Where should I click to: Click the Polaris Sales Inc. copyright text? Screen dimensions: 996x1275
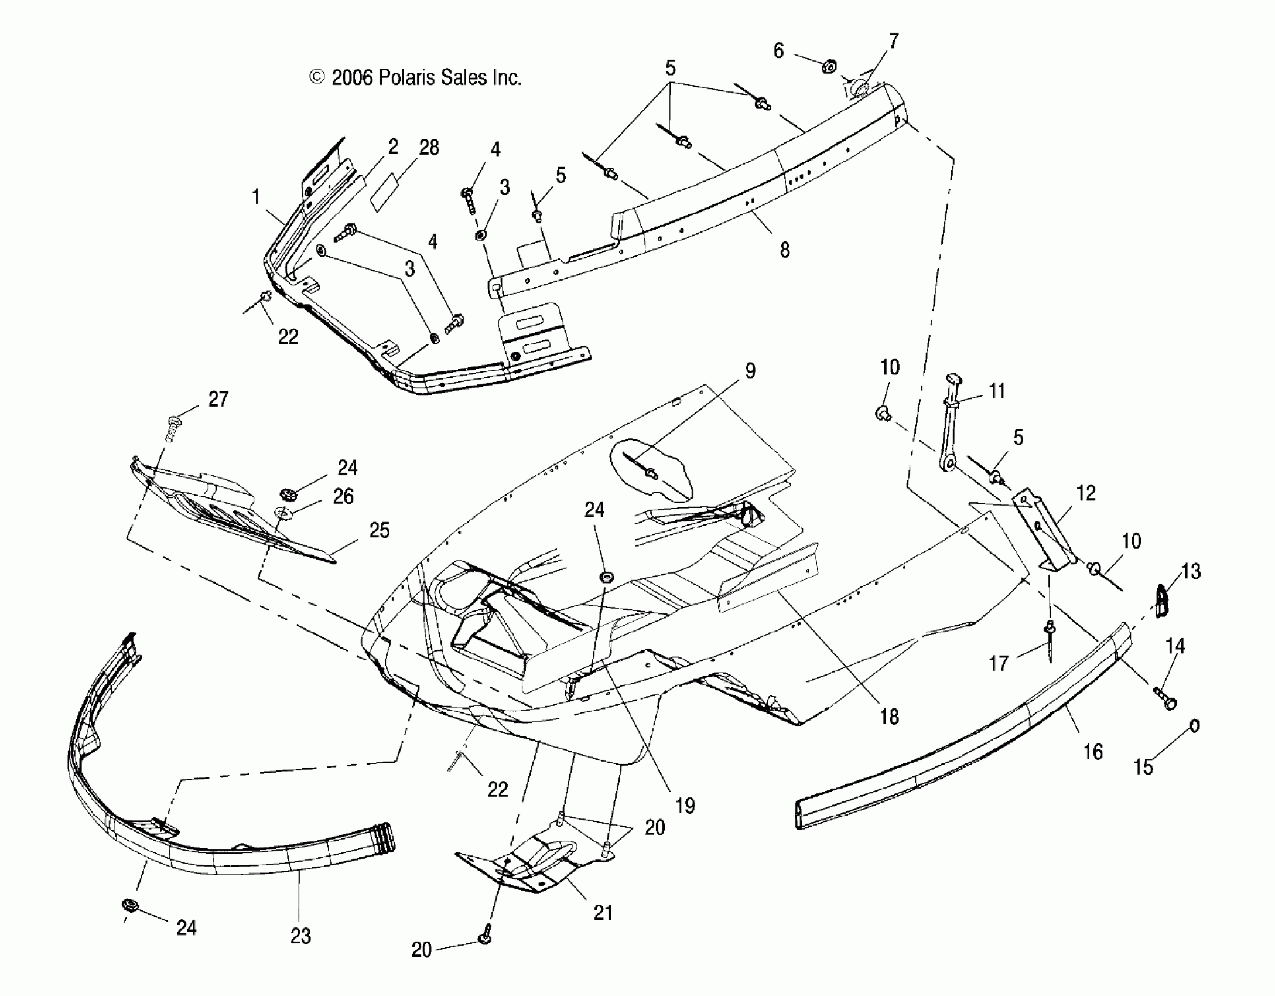(x=415, y=77)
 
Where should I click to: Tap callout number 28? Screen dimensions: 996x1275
(x=429, y=147)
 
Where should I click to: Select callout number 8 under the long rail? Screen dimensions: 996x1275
(x=785, y=250)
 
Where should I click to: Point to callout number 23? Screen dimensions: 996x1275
(x=300, y=936)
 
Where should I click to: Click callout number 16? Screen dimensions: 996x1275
(x=1092, y=751)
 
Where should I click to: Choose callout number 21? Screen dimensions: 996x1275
(x=603, y=912)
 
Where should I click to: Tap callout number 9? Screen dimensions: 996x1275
(x=750, y=370)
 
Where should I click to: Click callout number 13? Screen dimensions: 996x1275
(x=1191, y=571)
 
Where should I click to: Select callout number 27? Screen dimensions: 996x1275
(x=218, y=399)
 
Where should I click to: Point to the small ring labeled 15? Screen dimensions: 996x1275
(x=1194, y=726)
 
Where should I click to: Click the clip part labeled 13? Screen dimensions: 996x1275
(x=1163, y=601)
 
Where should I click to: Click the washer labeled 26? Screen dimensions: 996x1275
(x=283, y=514)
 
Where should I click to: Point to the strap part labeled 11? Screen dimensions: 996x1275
(x=950, y=428)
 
